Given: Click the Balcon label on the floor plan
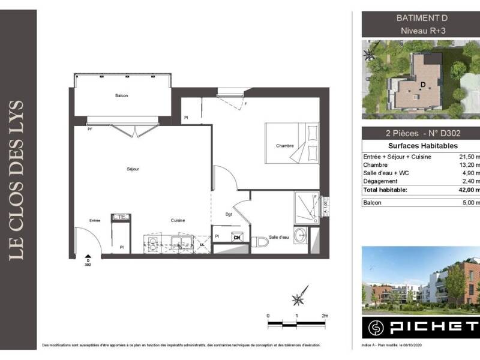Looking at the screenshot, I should tap(122, 96).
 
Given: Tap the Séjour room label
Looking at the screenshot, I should tap(133, 169).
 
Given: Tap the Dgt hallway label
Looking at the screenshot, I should tap(229, 214).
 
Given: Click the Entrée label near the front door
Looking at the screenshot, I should tap(95, 221).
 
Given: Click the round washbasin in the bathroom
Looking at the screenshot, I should tap(301, 233).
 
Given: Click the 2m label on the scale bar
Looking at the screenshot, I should tap(325, 315).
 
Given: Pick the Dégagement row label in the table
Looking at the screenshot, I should tap(380, 181).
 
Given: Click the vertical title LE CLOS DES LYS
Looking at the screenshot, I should tap(17, 180).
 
